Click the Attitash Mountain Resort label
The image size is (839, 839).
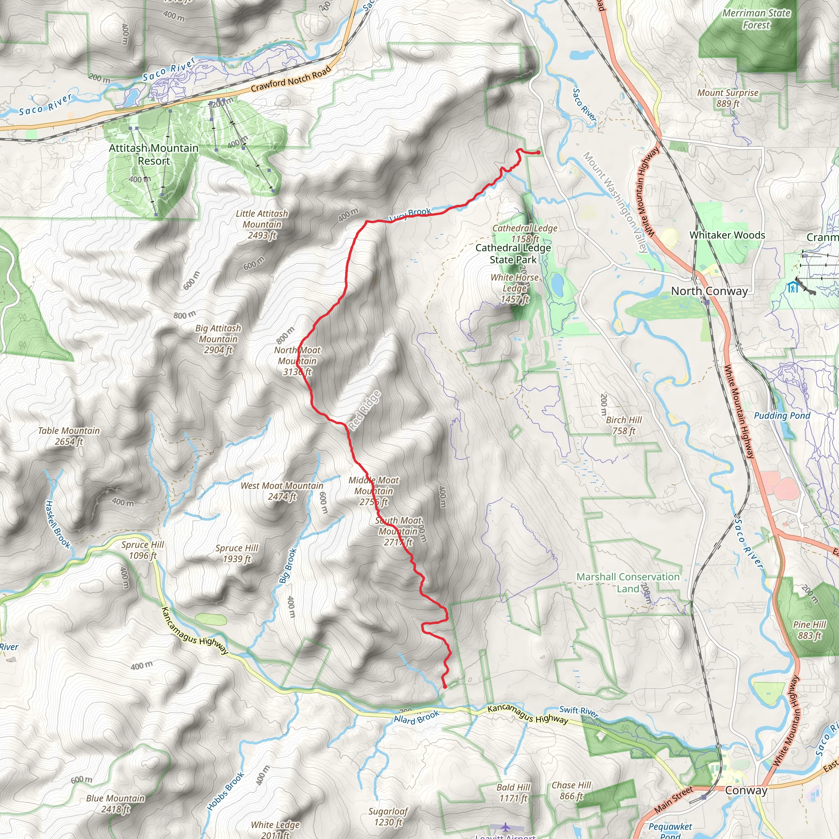[x=154, y=154]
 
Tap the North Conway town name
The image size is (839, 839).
[x=709, y=291]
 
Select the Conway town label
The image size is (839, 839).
[x=746, y=790]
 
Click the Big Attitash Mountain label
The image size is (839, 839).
[x=218, y=339]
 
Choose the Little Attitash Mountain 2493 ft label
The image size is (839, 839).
[x=262, y=224]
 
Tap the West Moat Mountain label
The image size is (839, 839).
[x=282, y=491]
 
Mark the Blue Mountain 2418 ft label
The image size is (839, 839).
[x=115, y=803]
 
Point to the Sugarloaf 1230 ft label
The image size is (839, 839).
[x=388, y=816]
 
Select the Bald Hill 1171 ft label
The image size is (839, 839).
[x=513, y=793]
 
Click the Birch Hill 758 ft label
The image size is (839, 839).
[x=624, y=425]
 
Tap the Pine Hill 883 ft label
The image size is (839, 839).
[x=810, y=630]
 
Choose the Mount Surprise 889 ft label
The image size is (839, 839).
[x=728, y=98]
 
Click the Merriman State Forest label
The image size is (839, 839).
[x=756, y=19]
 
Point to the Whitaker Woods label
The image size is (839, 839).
[x=728, y=235]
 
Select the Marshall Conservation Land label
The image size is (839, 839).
[x=628, y=583]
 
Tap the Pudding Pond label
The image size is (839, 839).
[x=782, y=415]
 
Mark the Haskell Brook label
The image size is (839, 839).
[x=57, y=524]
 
